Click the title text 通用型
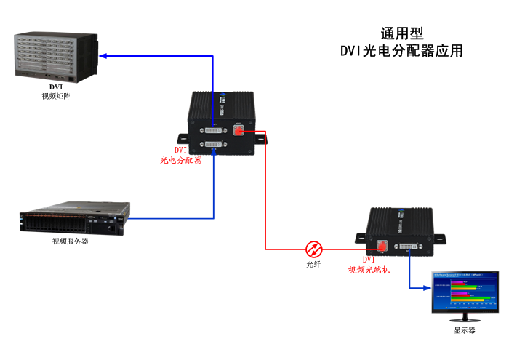(x=401, y=33)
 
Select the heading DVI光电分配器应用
(x=401, y=52)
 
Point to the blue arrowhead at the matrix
(x=103, y=55)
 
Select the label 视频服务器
(x=71, y=241)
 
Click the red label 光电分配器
(x=181, y=159)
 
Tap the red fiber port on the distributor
(x=240, y=131)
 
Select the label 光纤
(x=313, y=265)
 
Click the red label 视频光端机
(x=369, y=269)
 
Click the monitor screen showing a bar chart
(x=465, y=295)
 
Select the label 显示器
(x=465, y=330)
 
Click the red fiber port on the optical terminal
(x=380, y=247)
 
